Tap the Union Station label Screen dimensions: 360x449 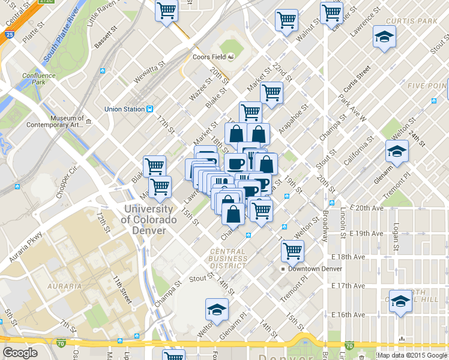125,109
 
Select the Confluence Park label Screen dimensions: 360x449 39,79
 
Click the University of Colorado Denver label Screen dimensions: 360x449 149,214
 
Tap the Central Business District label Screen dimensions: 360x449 228,259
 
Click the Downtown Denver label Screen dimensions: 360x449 315,269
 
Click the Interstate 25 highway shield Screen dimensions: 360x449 5,37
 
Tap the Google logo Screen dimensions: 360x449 20,353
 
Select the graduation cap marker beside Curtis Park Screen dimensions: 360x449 384,38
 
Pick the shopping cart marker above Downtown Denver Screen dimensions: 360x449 292,251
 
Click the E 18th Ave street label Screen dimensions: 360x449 348,256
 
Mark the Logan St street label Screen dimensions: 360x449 395,238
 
